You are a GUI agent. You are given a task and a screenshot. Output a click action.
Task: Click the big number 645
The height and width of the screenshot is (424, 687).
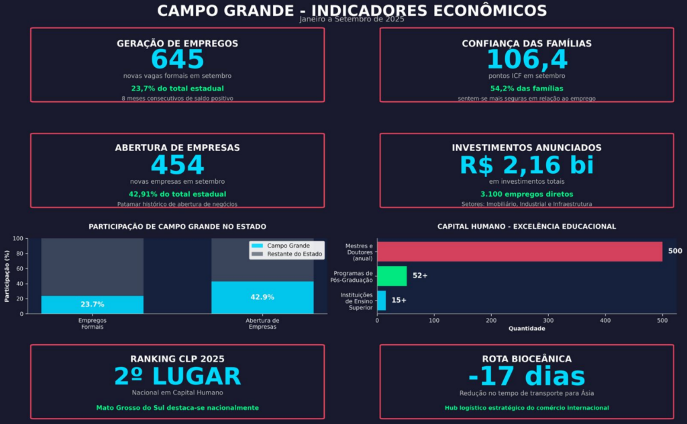pyautogui.click(x=177, y=60)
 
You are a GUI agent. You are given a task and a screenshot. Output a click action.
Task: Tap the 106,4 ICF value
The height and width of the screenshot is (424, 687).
pyautogui.click(x=527, y=60)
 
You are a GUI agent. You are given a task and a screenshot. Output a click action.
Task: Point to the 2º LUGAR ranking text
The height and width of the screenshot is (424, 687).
pyautogui.click(x=177, y=377)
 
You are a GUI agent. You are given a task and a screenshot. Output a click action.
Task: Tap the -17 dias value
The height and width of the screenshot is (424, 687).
pyautogui.click(x=527, y=377)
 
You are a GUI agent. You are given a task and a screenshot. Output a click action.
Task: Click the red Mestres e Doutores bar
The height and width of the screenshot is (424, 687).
pyautogui.click(x=519, y=251)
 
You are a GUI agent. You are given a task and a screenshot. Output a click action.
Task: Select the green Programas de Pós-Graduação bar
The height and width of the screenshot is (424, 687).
pyautogui.click(x=392, y=276)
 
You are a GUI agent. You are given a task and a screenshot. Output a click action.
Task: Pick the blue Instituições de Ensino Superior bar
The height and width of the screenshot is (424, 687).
pyautogui.click(x=381, y=300)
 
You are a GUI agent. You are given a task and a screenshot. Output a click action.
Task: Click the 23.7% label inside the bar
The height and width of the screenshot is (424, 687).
pyautogui.click(x=93, y=305)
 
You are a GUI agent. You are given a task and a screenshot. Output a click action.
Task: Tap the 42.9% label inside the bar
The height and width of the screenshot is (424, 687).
pyautogui.click(x=262, y=297)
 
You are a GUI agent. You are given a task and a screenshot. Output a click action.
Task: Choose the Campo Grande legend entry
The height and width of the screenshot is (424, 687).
pyautogui.click(x=286, y=246)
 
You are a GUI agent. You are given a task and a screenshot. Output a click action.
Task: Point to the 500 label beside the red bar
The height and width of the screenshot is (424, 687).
pyautogui.click(x=675, y=251)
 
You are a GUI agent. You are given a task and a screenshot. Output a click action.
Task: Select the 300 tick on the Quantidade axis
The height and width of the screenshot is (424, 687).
pyautogui.click(x=548, y=321)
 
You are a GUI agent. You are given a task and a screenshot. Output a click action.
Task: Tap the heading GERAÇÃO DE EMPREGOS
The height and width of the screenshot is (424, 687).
pyautogui.click(x=177, y=44)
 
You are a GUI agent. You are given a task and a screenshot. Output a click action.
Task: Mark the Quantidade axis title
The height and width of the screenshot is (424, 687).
pyautogui.click(x=527, y=329)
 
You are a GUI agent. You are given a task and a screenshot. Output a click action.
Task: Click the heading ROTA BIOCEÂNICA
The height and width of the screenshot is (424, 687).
pyautogui.click(x=527, y=359)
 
